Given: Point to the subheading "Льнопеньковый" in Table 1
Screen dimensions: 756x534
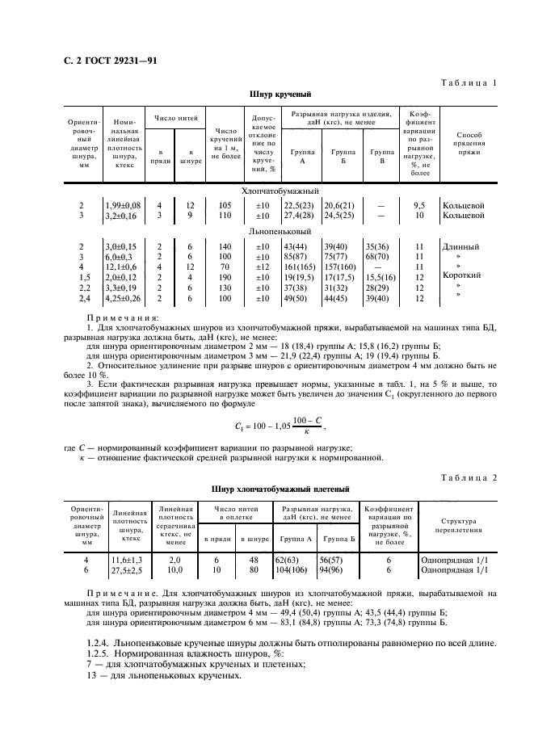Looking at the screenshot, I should tap(277, 231).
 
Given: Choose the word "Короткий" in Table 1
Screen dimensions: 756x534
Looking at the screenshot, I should tap(463, 275).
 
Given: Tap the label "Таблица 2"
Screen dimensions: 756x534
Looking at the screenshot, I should tap(469, 477).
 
